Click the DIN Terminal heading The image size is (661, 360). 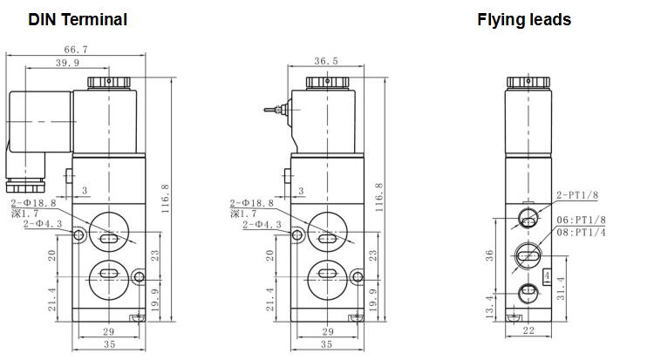78,20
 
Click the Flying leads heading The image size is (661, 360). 524,20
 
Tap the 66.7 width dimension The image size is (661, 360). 76,50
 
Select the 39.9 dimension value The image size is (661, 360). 67,63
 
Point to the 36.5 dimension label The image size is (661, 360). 326,61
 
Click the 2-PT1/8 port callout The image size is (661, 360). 577,195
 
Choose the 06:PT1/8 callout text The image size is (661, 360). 581,220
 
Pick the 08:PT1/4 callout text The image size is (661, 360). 581,232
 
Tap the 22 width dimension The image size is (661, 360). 528,330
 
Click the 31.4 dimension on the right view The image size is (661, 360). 561,289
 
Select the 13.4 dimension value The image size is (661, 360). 489,307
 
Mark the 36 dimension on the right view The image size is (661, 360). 489,255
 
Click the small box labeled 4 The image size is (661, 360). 547,276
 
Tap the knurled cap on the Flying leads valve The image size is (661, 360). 528,82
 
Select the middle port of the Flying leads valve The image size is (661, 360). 528,256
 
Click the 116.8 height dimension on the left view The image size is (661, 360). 166,198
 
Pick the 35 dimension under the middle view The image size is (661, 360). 327,344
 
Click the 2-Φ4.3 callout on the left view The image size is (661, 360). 43,224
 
